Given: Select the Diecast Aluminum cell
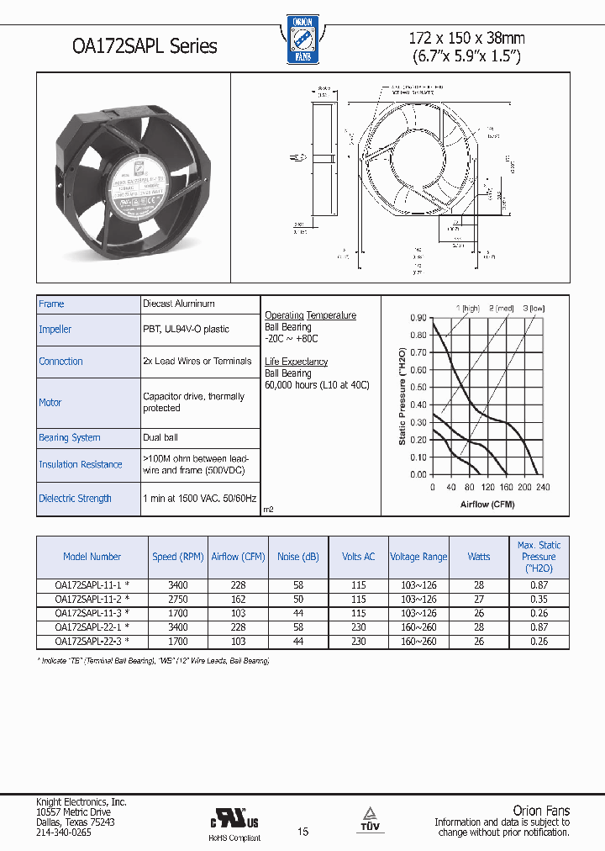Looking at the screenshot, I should pos(179,304).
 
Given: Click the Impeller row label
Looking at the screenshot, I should pos(55,330).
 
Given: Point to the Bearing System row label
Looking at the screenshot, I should pos(70,437).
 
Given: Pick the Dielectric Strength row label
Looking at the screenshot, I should pos(75,498).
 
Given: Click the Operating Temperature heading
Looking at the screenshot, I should pos(310,315).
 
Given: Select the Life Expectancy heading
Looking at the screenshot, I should pos(296,362).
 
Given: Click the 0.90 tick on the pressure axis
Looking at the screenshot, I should pos(418,318).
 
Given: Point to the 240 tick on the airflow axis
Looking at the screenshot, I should pos(543,488).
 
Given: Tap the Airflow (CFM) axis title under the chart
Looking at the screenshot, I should pos(487,505).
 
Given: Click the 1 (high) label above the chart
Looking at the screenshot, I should pos(467,308).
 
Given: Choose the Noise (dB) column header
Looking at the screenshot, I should pos(298,557).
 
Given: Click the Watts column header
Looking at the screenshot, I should pos(479,557).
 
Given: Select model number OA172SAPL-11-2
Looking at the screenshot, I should pos(89,600).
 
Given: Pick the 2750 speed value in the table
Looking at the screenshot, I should pos(178,600).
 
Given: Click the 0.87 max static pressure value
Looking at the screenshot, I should pos(539,585).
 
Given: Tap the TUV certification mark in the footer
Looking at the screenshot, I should pos(370,821).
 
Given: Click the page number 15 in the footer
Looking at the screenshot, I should pos(303,832).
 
